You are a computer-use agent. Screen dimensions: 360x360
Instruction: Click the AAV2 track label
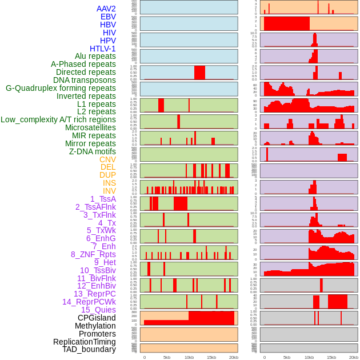coord(106,9)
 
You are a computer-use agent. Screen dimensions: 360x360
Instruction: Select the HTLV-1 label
coord(103,49)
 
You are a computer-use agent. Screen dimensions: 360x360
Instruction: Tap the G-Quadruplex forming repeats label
coord(61,88)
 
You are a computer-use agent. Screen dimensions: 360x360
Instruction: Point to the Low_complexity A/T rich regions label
coord(58,119)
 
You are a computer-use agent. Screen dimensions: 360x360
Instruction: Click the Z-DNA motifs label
coord(93,151)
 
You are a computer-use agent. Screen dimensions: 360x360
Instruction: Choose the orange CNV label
coord(107,159)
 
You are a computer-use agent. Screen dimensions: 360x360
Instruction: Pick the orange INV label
coord(109,191)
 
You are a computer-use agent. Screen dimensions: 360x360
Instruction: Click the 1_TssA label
coord(103,199)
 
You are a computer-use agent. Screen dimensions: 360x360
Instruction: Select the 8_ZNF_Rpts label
coord(93,254)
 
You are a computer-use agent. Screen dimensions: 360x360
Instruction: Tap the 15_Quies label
coord(98,310)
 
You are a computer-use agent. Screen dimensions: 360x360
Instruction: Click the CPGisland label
coord(97,318)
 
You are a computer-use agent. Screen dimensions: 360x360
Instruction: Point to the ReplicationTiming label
coord(84,342)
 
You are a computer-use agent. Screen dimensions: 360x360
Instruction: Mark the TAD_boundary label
coord(89,349)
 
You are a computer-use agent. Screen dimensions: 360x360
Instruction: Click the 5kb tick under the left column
coord(167,357)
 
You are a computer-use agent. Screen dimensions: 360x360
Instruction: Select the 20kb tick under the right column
coord(354,357)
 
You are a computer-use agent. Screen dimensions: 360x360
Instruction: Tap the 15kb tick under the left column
coord(211,357)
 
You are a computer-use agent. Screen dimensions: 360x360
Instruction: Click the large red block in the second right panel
coord(286,23)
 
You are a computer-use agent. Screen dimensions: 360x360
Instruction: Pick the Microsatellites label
coord(90,127)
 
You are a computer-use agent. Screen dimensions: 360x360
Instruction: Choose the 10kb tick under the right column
coord(309,357)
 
